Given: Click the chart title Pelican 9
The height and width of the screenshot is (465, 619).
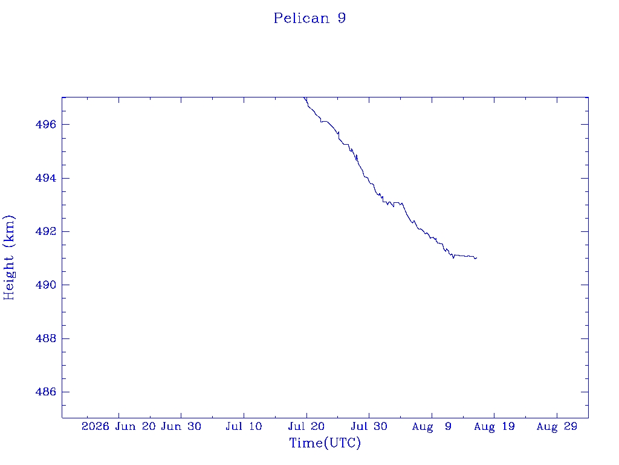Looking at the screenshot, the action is click(x=310, y=18).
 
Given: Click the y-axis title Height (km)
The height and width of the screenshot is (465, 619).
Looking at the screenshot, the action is click(x=8, y=258).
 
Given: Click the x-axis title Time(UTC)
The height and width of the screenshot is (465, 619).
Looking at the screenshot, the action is click(x=325, y=443).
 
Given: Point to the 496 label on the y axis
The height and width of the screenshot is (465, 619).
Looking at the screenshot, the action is click(x=46, y=125).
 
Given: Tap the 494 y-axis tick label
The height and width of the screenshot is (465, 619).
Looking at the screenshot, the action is click(x=46, y=179).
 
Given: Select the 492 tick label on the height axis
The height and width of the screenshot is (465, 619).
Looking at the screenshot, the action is click(x=46, y=231).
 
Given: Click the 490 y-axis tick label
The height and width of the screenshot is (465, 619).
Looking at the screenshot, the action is click(x=46, y=285).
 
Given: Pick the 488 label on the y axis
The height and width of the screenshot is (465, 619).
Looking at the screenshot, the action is click(x=46, y=338).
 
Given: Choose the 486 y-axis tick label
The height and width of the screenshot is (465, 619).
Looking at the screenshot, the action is click(x=46, y=392).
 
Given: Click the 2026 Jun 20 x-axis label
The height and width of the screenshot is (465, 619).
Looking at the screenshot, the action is click(x=118, y=426).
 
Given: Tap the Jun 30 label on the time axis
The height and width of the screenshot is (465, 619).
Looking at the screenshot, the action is click(x=181, y=426).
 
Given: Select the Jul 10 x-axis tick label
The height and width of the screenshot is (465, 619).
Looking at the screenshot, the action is click(x=244, y=426).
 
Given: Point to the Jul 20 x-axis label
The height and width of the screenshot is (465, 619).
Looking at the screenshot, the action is click(x=306, y=426).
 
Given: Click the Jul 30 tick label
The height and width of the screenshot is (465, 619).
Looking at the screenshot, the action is click(x=369, y=426).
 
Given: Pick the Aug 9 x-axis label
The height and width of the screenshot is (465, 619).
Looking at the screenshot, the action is click(x=432, y=426).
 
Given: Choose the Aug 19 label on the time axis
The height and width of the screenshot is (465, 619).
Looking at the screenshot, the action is click(x=494, y=426).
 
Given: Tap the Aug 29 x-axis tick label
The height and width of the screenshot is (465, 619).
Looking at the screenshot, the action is click(x=557, y=426).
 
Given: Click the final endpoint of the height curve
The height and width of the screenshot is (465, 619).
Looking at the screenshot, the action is click(x=477, y=258).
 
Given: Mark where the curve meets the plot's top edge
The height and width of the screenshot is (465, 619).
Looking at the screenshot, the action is click(x=304, y=97).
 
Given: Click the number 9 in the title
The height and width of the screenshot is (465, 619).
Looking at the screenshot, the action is click(x=342, y=18).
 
